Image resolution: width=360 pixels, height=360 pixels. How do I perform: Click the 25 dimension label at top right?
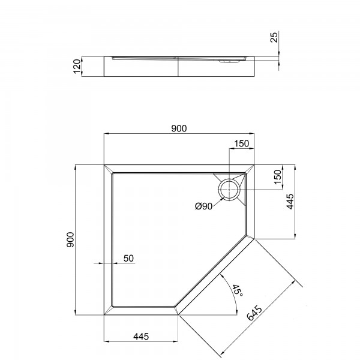pyautogui.click(x=274, y=37)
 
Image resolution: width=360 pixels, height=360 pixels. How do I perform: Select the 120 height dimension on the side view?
pyautogui.click(x=77, y=67)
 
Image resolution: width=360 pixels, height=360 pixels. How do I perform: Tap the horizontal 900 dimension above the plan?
pyautogui.click(x=179, y=128)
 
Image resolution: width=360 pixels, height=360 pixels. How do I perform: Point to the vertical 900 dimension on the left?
pyautogui.click(x=70, y=239)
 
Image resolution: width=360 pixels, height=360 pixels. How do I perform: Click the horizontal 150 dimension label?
pyautogui.click(x=242, y=143)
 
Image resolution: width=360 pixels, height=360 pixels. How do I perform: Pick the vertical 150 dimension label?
pyautogui.click(x=278, y=177)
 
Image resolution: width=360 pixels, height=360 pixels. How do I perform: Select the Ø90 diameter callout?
pyautogui.click(x=203, y=206)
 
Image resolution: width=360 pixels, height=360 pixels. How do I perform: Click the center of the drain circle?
pyautogui.click(x=229, y=190)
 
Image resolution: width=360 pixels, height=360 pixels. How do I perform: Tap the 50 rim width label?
pyautogui.click(x=128, y=258)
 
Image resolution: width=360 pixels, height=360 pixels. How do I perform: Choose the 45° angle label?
pyautogui.click(x=237, y=290)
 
